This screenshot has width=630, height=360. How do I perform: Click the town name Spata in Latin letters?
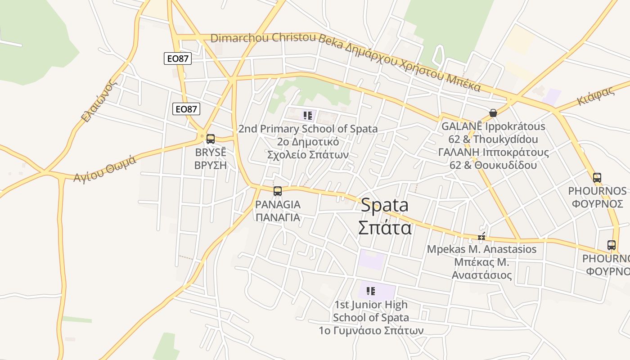[385, 205]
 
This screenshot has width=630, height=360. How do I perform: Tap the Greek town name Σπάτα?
[385, 228]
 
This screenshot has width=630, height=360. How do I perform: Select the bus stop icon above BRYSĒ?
[210, 139]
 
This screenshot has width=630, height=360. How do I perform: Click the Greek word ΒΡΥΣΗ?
[210, 165]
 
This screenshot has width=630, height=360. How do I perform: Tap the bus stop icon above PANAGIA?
[278, 191]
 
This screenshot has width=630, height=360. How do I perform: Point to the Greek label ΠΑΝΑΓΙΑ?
[278, 217]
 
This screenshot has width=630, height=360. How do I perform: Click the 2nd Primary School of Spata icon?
[308, 116]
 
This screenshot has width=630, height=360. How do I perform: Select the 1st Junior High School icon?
[371, 291]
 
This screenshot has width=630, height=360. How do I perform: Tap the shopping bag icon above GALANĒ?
[493, 113]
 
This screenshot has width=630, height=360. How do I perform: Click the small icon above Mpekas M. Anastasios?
[482, 237]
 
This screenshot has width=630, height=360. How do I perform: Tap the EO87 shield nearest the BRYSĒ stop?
[186, 109]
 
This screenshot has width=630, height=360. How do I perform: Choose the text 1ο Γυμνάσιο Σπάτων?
[371, 330]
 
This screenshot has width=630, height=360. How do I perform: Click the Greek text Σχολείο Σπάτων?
[308, 154]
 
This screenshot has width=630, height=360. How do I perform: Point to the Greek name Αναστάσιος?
[481, 275]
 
